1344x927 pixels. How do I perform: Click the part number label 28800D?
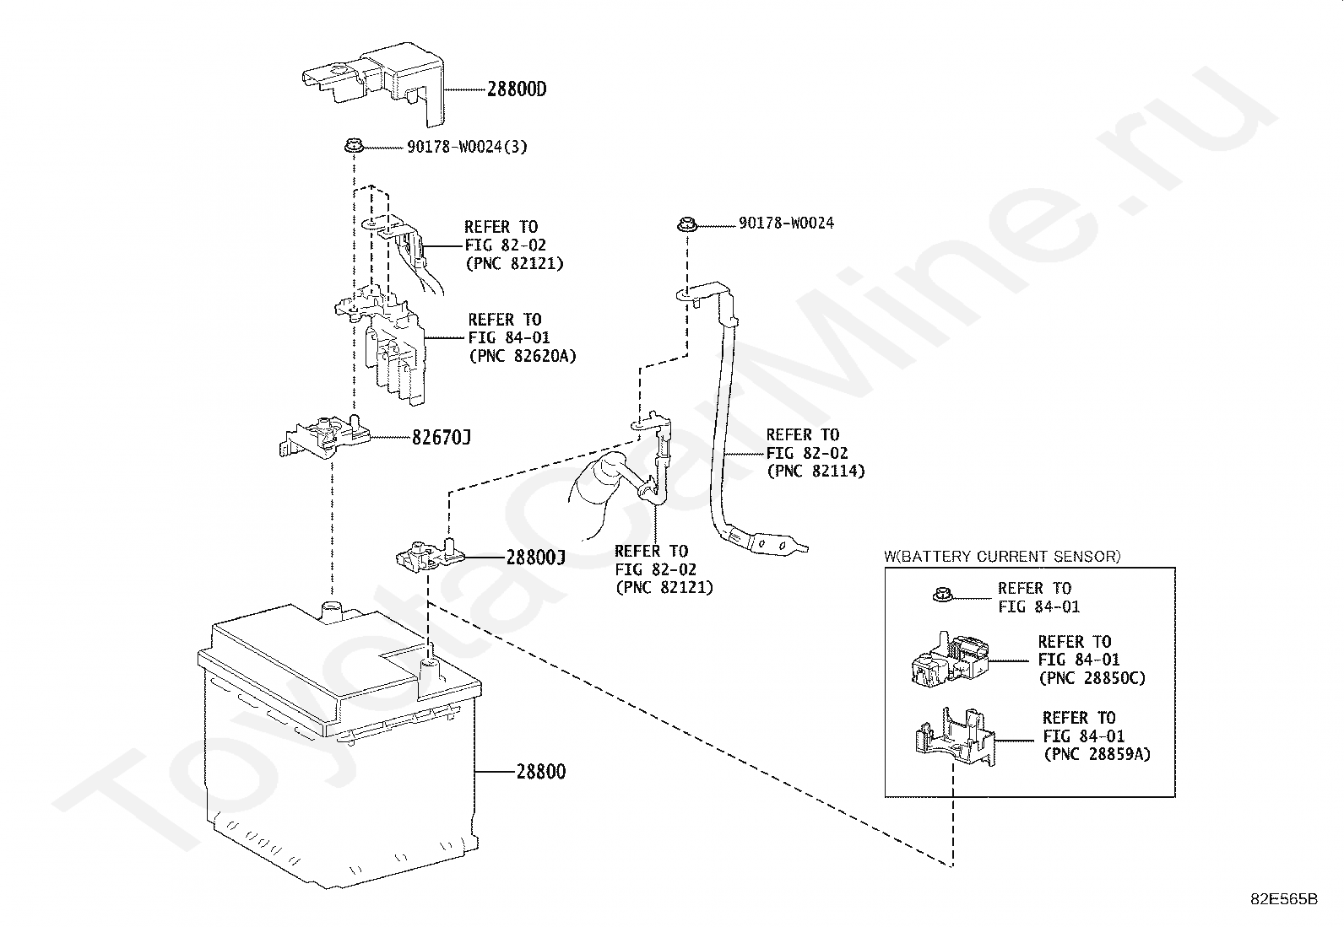click(x=517, y=89)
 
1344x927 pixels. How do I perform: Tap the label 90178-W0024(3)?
click(x=467, y=147)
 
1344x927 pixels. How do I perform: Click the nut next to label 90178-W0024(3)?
click(x=354, y=146)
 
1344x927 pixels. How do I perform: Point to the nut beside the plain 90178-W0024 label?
click(x=687, y=225)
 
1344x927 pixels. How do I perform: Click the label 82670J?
click(x=441, y=438)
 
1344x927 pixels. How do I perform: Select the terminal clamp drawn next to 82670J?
click(x=324, y=436)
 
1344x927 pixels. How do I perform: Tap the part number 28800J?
click(x=536, y=558)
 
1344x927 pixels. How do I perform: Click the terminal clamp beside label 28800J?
click(x=431, y=555)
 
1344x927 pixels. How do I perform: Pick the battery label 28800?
click(x=540, y=771)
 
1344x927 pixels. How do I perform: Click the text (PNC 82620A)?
click(x=522, y=356)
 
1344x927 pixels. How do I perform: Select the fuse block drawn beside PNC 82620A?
click(x=381, y=345)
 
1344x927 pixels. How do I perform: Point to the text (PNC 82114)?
click(x=816, y=472)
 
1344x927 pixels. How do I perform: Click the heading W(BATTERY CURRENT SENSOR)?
click(x=1002, y=557)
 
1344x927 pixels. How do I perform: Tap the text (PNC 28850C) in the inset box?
click(x=1092, y=678)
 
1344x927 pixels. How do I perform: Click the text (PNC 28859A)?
click(x=1097, y=754)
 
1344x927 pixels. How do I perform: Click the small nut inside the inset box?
click(x=943, y=596)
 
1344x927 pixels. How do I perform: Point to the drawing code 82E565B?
click(x=1284, y=899)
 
